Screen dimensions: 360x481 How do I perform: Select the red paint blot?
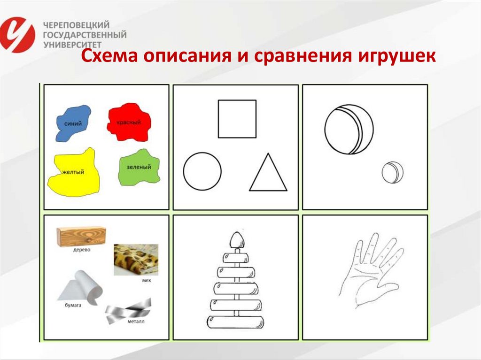tap(129, 123)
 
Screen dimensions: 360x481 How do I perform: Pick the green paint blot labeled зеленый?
tap(139, 167)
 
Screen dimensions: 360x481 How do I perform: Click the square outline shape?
tap(237, 119)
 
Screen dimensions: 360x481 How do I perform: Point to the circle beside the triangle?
tap(202, 171)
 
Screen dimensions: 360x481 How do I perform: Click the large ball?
tap(349, 129)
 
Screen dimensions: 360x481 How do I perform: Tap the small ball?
tap(392, 172)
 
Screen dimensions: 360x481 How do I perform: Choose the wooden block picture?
tap(81, 236)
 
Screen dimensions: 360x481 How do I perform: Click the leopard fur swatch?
tap(136, 260)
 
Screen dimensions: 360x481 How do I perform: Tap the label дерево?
tap(81, 250)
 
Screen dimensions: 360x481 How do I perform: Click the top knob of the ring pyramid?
tap(238, 241)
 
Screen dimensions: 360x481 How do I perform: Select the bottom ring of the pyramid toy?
tap(234, 322)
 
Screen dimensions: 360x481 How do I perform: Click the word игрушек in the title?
tap(397, 57)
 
